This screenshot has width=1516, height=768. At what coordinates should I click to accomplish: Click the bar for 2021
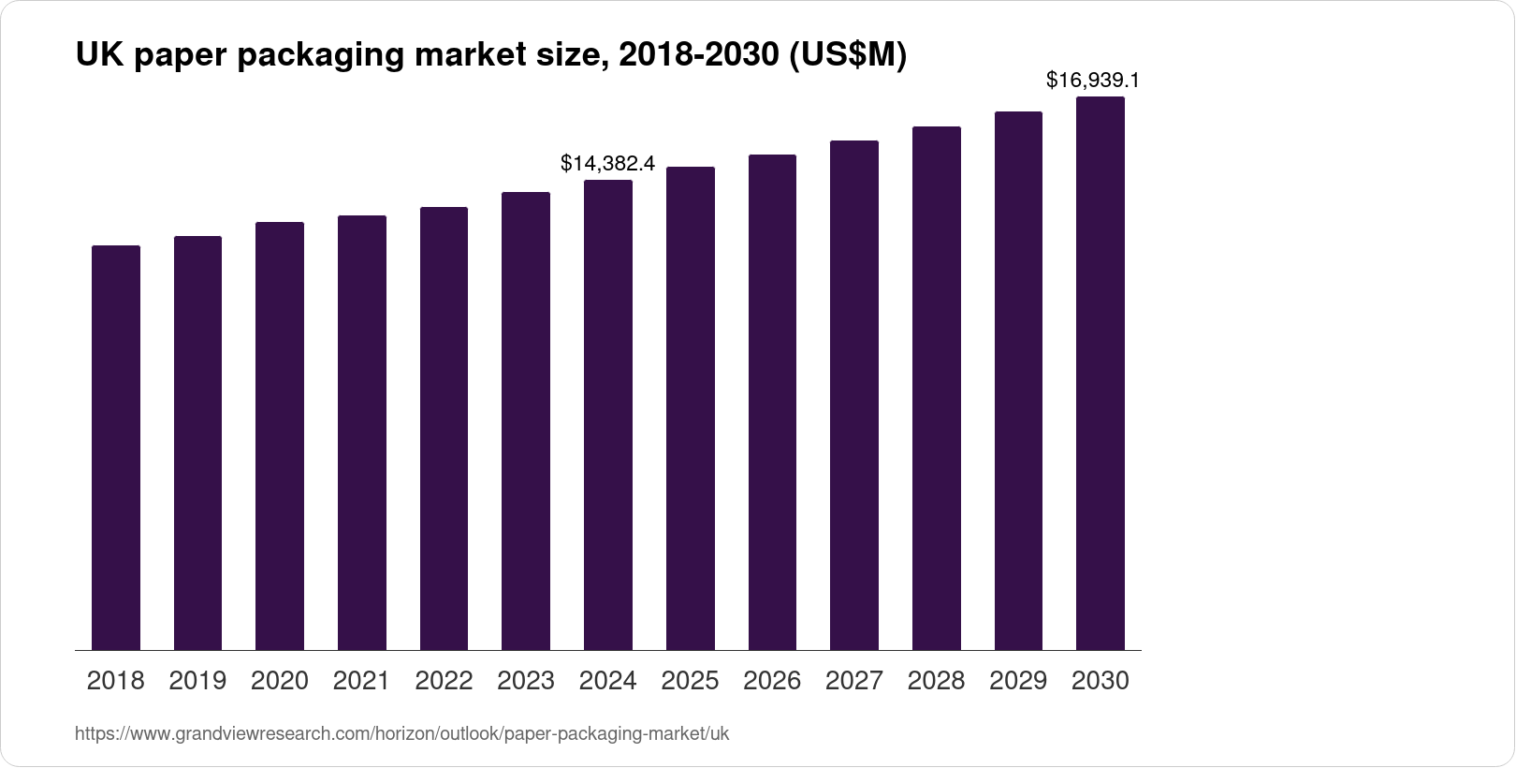click(362, 433)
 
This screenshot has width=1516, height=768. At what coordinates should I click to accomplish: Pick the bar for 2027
click(854, 395)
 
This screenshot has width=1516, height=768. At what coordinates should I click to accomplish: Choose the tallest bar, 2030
click(1101, 374)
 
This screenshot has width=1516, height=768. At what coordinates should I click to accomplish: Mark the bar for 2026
click(772, 403)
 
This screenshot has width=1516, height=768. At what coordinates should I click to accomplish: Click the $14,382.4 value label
click(607, 164)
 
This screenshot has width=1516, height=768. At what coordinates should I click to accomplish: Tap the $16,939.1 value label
click(1092, 81)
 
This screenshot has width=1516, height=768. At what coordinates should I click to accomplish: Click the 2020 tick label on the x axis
click(280, 681)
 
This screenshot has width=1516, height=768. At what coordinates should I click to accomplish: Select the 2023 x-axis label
click(526, 681)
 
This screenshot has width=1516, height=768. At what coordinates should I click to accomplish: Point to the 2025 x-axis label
click(690, 681)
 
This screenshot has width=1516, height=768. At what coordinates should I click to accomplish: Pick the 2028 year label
click(936, 681)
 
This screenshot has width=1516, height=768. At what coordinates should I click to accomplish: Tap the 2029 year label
click(1018, 681)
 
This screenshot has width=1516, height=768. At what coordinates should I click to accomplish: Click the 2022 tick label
click(444, 681)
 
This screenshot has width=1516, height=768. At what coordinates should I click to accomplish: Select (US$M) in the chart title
click(847, 56)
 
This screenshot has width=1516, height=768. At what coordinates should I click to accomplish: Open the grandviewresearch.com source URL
click(401, 734)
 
